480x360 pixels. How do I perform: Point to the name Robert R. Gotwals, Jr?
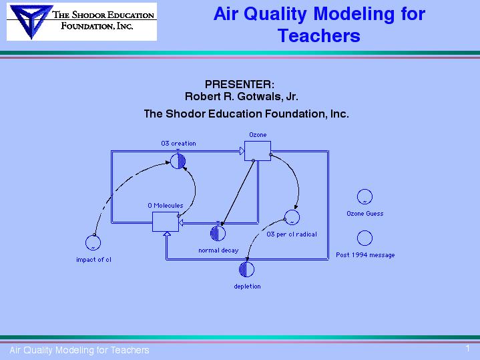pos(241,96)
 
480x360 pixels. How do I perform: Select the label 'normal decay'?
pos(218,250)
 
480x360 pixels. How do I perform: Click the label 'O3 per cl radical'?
pos(292,234)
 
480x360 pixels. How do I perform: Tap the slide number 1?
pos(467,349)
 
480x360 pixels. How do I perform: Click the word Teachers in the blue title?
pos(319,35)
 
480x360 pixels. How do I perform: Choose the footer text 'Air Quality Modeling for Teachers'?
pos(79,350)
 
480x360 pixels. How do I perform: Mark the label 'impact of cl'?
pos(93,260)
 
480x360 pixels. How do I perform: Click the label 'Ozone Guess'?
pos(365,214)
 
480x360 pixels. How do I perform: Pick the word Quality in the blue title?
pos(275,14)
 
